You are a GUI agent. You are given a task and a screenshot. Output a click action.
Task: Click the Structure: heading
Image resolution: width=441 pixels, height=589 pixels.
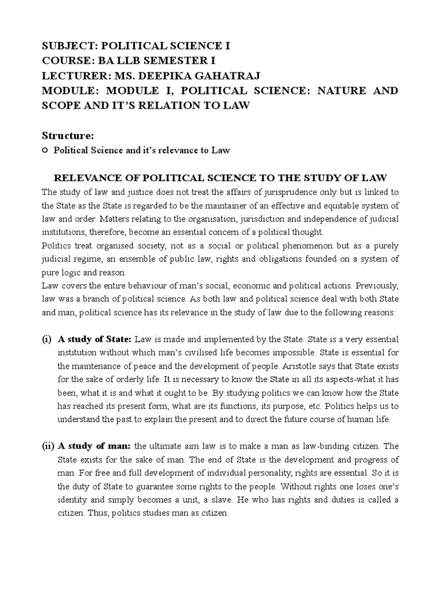pyautogui.click(x=68, y=136)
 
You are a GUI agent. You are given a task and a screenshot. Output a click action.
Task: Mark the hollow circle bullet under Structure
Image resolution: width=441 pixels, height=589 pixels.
pyautogui.click(x=45, y=151)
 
